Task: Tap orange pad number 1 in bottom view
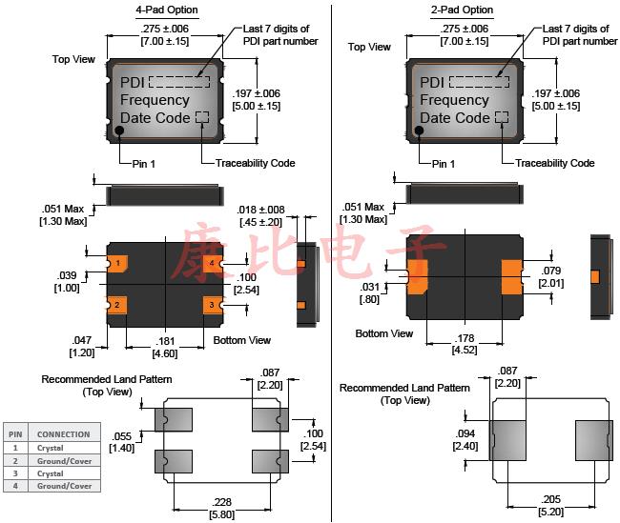pyautogui.click(x=116, y=262)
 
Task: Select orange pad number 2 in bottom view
pyautogui.click(x=116, y=305)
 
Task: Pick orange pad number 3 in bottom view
pyautogui.click(x=212, y=305)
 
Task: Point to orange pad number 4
pyautogui.click(x=212, y=262)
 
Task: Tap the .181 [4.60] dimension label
pyautogui.click(x=165, y=347)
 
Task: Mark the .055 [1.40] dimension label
pyautogui.click(x=121, y=441)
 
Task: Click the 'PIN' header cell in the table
pyautogui.click(x=15, y=433)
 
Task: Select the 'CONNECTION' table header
pyautogui.click(x=64, y=433)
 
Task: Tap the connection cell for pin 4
pyautogui.click(x=64, y=486)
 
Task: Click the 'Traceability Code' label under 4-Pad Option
pyautogui.click(x=255, y=163)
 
